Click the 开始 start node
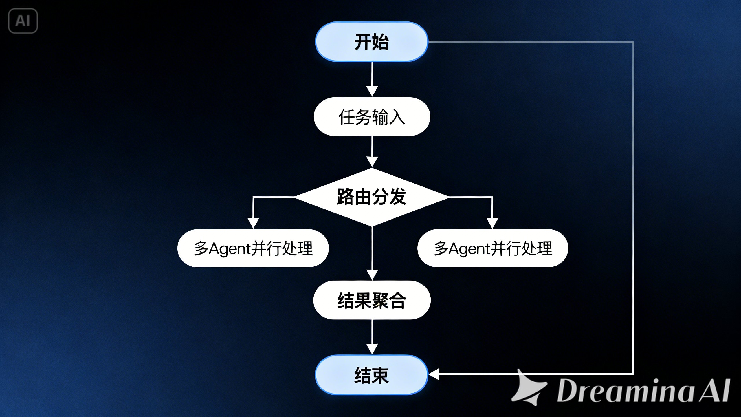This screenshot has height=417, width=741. point(371,42)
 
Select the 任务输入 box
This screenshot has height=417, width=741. point(372,117)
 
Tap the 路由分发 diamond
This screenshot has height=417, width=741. point(372,197)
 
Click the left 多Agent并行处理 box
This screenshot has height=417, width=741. point(253,248)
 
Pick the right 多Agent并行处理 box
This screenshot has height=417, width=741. point(493,248)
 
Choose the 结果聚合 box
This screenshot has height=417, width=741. point(372,300)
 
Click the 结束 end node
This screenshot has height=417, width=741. point(371,375)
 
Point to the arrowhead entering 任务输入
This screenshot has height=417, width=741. point(372,91)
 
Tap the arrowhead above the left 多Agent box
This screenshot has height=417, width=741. point(253,223)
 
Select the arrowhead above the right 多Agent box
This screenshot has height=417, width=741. point(492,223)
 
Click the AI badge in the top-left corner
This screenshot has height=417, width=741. point(23,21)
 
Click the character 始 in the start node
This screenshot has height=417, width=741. point(380,42)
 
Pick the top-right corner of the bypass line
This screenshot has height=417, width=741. point(633,42)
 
